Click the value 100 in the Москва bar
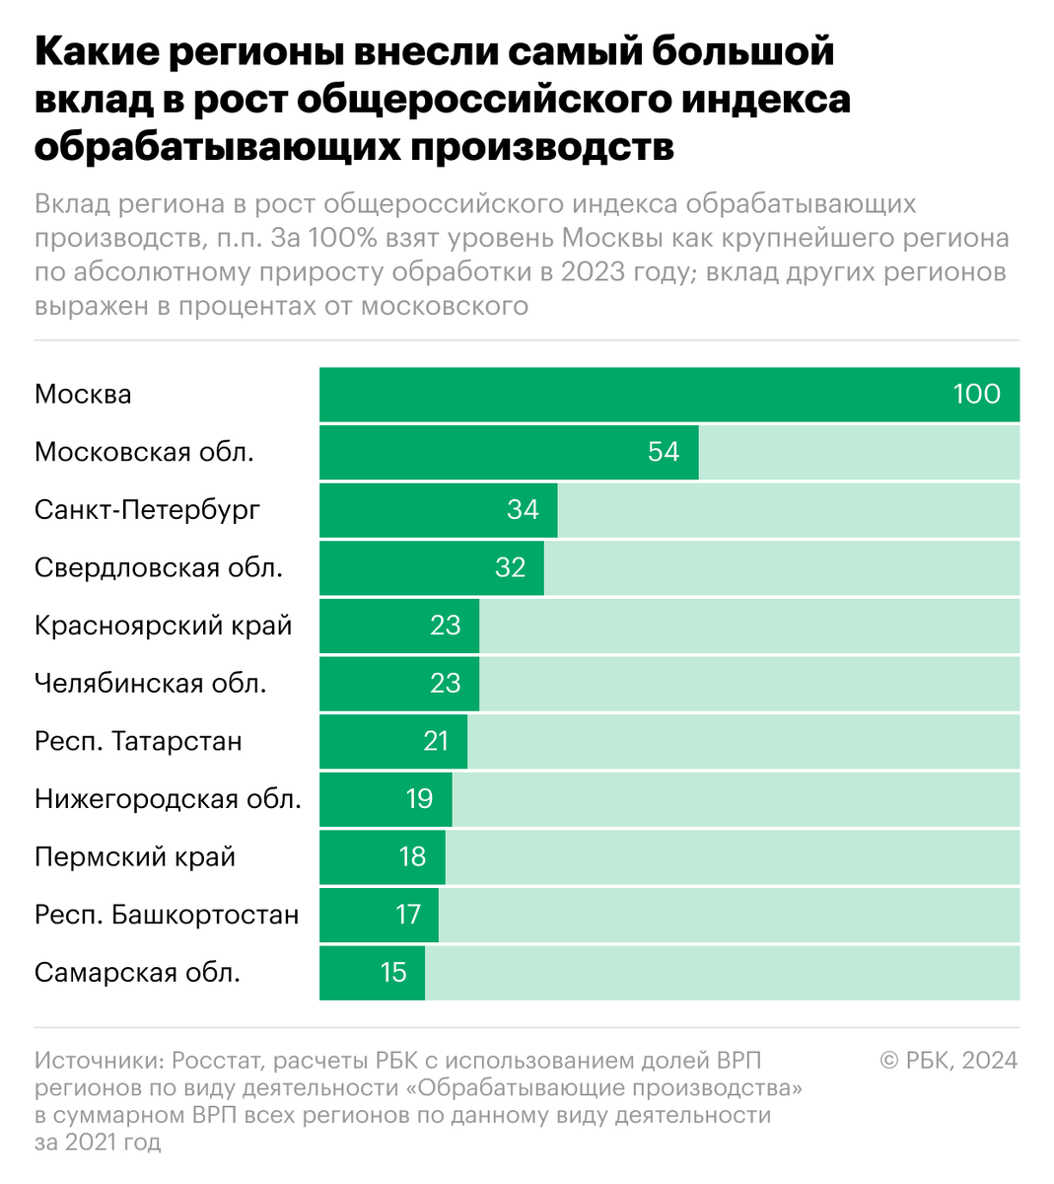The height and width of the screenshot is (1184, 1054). pyautogui.click(x=976, y=394)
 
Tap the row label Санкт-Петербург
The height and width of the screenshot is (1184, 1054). pyautogui.click(x=147, y=510)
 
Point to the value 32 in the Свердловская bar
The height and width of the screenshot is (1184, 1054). pyautogui.click(x=510, y=567)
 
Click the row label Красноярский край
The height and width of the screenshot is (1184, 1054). pyautogui.click(x=163, y=626)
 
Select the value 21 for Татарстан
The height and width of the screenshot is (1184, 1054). pyautogui.click(x=435, y=741)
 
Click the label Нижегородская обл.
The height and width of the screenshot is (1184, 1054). pyautogui.click(x=168, y=799)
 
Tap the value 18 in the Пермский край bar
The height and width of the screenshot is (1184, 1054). pyautogui.click(x=412, y=856)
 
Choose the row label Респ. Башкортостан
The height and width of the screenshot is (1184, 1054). pyautogui.click(x=166, y=915)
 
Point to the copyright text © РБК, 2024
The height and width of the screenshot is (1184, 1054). pyautogui.click(x=949, y=1061)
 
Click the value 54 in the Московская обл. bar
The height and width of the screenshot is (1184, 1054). pyautogui.click(x=663, y=452)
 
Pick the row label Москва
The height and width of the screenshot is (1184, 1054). pyautogui.click(x=83, y=395)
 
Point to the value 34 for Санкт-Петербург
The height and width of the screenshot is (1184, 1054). pyautogui.click(x=523, y=509)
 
